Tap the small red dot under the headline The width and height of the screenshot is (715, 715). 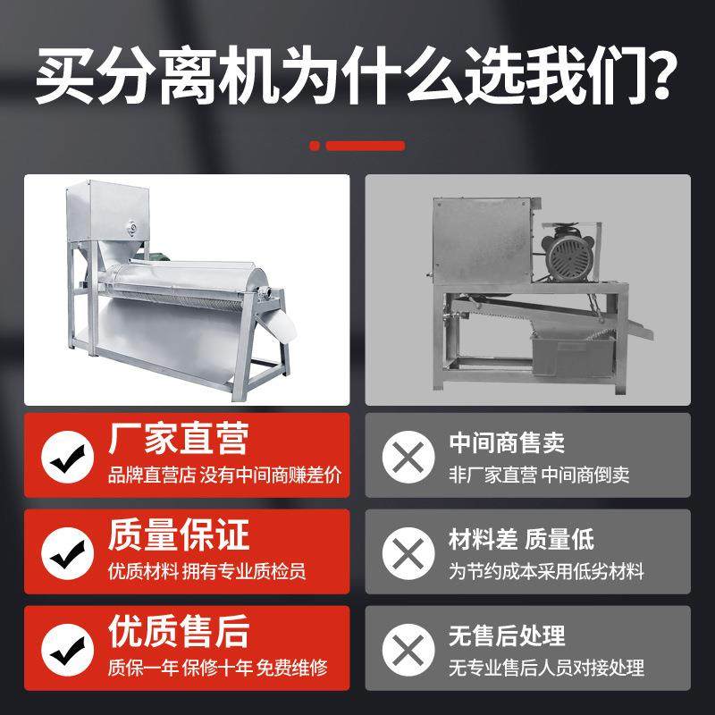pyautogui.click(x=314, y=146)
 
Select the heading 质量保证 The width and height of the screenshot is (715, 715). pyautogui.click(x=178, y=535)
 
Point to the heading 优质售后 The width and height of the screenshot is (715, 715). pyautogui.click(x=178, y=632)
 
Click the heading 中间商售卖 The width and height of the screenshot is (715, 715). pyautogui.click(x=506, y=442)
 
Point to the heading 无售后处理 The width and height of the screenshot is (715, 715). pyautogui.click(x=506, y=635)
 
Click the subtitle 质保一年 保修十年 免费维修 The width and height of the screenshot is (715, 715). pyautogui.click(x=217, y=667)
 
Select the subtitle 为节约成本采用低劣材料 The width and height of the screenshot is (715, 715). pyautogui.click(x=545, y=570)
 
